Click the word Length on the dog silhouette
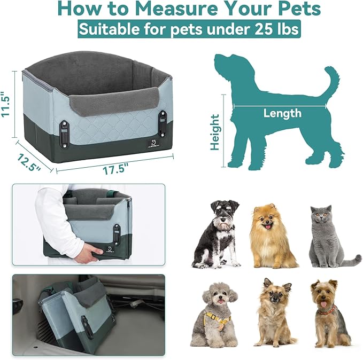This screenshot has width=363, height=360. click(x=282, y=113)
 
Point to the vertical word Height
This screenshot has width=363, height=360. click(x=215, y=132)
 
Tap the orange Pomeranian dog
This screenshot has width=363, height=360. click(x=271, y=236)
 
